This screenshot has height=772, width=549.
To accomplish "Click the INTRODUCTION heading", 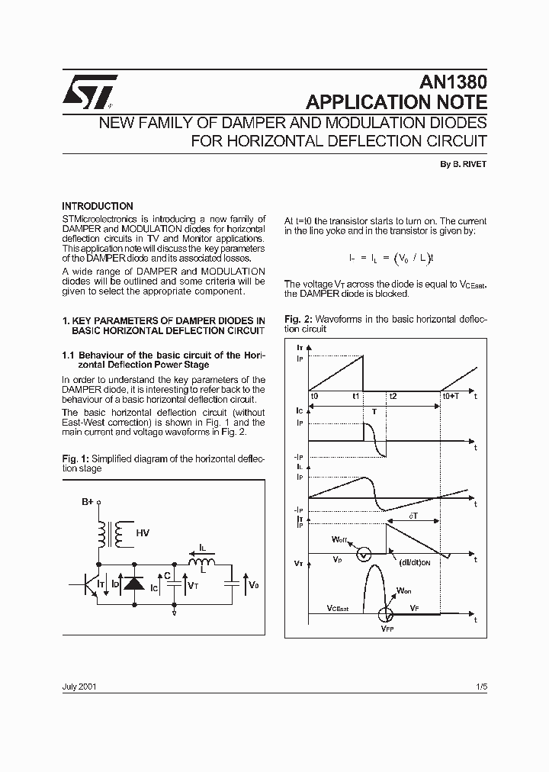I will [x=98, y=206].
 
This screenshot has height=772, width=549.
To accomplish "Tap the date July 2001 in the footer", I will [x=79, y=687].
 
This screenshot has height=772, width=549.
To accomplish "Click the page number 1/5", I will [x=480, y=687].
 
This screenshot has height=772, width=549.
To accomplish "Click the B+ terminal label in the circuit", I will [x=87, y=502].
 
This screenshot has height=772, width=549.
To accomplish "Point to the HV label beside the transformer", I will [x=143, y=532].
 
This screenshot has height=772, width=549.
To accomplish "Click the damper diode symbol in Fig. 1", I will [x=134, y=584].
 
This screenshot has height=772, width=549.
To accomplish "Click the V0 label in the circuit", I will [x=254, y=584].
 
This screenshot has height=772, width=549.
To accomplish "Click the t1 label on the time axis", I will [x=356, y=397].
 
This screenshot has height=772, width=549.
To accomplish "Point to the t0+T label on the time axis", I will [x=451, y=397].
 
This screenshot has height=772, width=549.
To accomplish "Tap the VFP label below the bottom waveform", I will [x=387, y=629].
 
